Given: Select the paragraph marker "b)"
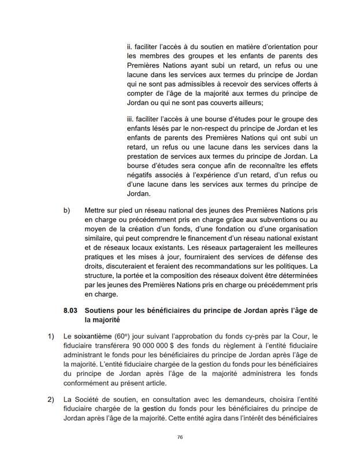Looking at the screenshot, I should (67, 211).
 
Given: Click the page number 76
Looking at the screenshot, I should (180, 438).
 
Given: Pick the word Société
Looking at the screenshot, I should (88, 398).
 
